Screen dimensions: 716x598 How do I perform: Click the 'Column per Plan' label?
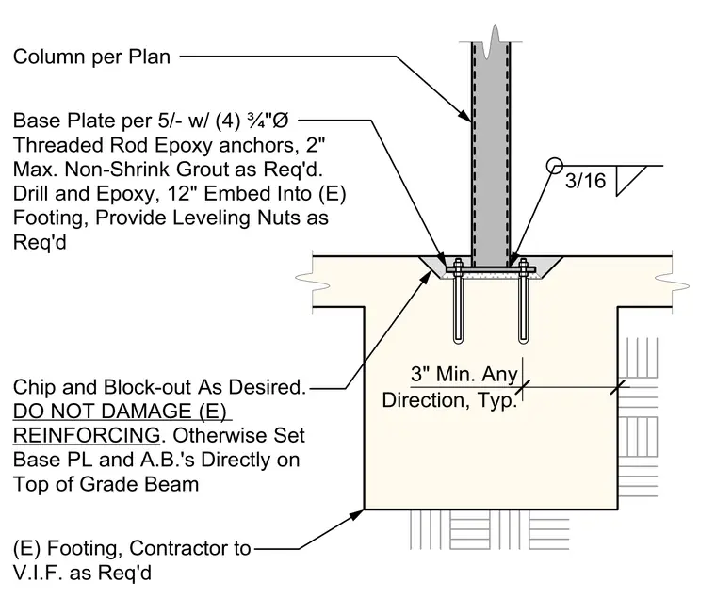91,57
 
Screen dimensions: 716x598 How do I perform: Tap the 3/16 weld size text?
585,181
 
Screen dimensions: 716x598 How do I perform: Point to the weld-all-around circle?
554,165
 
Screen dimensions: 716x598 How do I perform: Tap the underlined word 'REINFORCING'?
87,435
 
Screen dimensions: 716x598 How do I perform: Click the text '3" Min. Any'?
464,374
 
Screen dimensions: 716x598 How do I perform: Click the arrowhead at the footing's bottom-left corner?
357,514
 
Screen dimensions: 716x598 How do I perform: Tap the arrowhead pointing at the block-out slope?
426,277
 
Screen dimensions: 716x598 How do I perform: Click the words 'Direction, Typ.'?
449,400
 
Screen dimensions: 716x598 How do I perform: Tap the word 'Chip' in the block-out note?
34,387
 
